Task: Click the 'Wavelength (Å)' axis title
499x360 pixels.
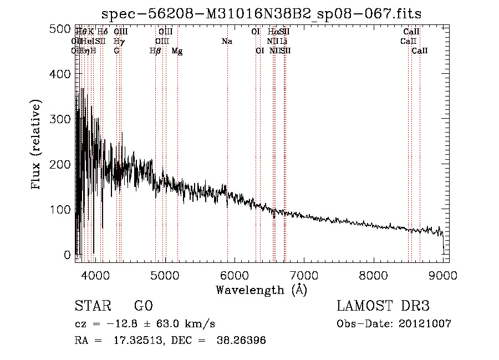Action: [261, 290]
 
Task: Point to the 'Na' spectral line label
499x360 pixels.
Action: [227, 42]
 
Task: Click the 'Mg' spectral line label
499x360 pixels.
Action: [177, 51]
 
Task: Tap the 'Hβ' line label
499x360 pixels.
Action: [155, 51]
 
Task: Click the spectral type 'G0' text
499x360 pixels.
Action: [143, 306]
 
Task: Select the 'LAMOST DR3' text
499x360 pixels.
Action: [383, 306]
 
